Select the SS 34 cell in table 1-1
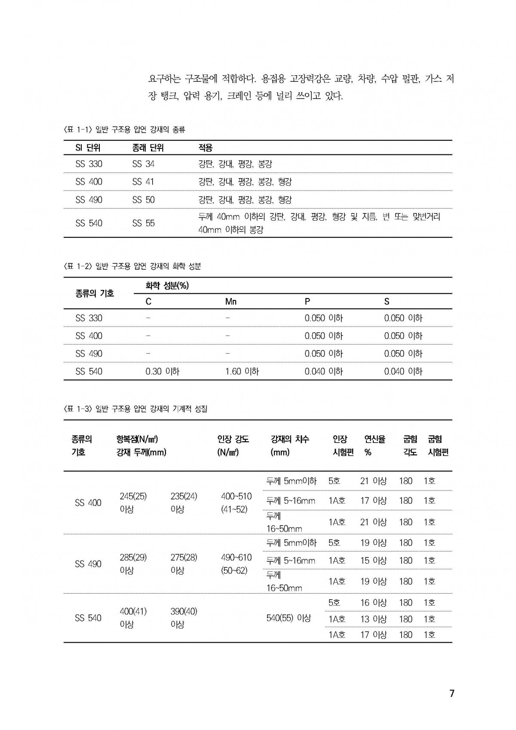143,164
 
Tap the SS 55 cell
143,223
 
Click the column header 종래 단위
148,148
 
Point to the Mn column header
231,302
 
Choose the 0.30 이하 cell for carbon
162,371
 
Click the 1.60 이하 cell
242,371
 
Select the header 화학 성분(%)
167,286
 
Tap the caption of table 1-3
135,409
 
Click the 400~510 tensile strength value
236,496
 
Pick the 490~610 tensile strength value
236,558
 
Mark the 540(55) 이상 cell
289,618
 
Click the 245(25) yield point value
133,496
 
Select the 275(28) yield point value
184,558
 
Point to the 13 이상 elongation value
373,619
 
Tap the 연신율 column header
375,439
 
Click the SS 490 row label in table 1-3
88,564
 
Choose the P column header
307,302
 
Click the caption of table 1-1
124,129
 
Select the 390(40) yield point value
184,611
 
